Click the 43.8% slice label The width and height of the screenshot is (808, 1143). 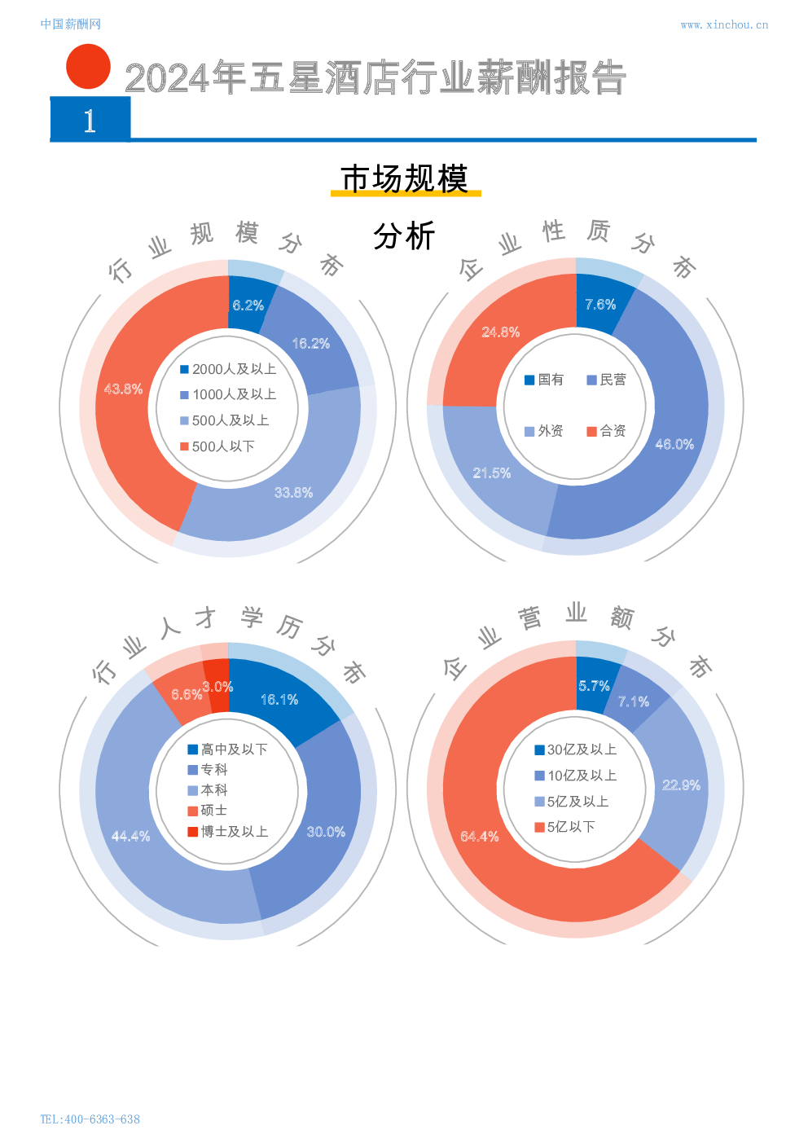point(123,389)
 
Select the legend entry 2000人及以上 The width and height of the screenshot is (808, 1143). point(228,369)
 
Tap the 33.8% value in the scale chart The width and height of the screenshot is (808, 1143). point(293,493)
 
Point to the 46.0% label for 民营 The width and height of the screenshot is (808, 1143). point(674,444)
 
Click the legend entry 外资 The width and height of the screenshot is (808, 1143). point(544,431)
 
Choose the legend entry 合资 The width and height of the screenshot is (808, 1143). point(606,431)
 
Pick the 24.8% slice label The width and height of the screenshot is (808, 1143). point(500,332)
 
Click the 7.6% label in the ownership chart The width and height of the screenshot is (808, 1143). point(600,305)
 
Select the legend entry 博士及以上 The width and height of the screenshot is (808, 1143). point(227,832)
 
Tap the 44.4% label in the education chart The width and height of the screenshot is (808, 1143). point(130,837)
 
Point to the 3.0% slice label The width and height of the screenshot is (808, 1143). point(217,687)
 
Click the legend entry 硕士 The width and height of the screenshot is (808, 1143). point(208,811)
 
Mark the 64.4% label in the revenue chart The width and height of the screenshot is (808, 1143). point(479,837)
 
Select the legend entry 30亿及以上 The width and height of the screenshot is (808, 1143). point(575,750)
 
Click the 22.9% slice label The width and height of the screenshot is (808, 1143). point(681,785)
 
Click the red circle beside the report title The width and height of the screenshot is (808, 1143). point(88,67)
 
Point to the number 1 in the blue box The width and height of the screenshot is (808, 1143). point(90,121)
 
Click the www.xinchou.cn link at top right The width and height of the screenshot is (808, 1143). point(723,25)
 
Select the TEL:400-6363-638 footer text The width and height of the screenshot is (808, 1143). point(90,1119)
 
